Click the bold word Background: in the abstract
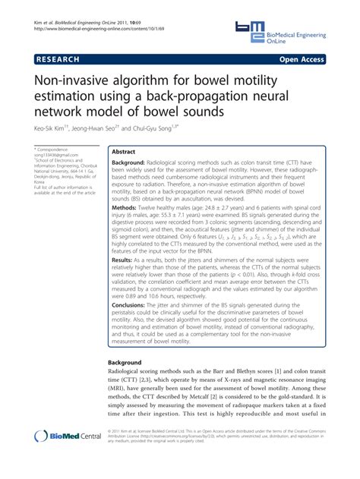[134, 162]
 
